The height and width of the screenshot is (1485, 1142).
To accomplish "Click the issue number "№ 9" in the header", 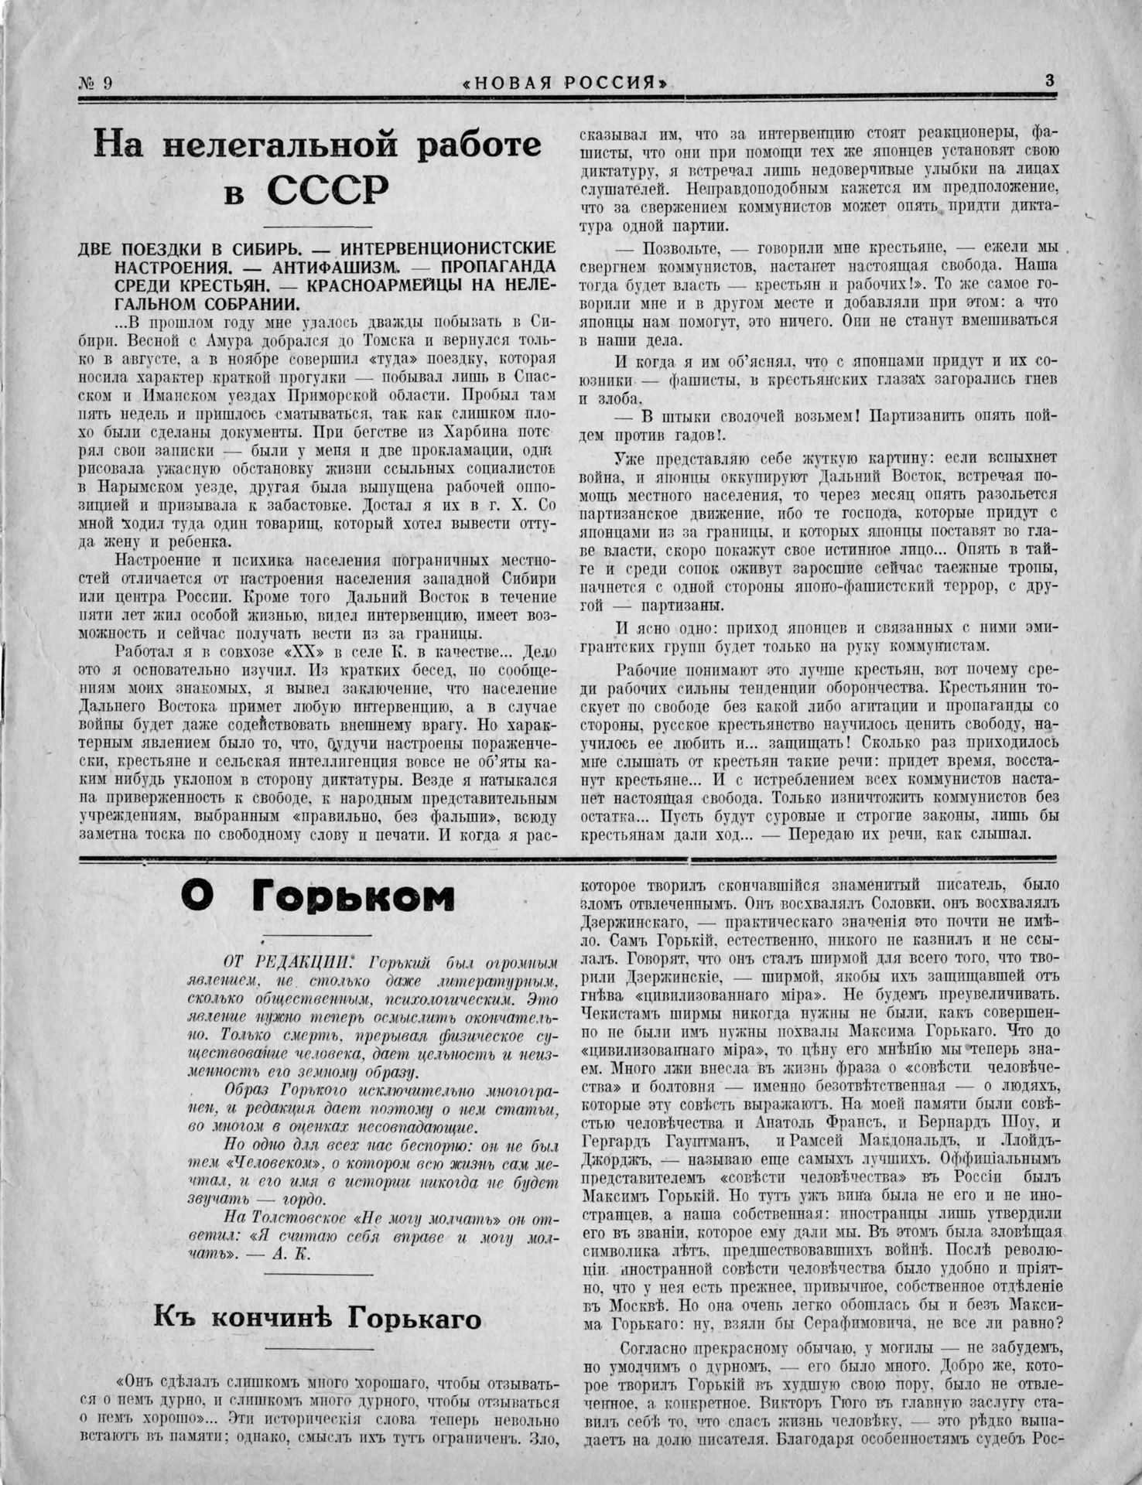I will pyautogui.click(x=96, y=82).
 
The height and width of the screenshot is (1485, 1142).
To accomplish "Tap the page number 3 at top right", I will pyautogui.click(x=1050, y=80).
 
